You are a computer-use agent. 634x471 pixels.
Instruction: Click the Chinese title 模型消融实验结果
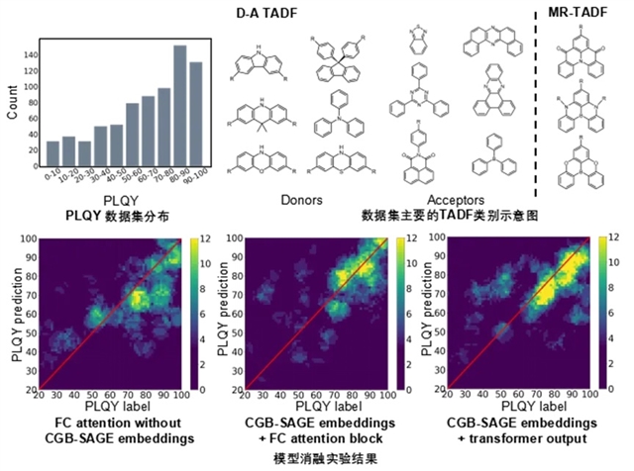click(317, 460)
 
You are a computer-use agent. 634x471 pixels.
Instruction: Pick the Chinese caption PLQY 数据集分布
click(111, 214)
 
